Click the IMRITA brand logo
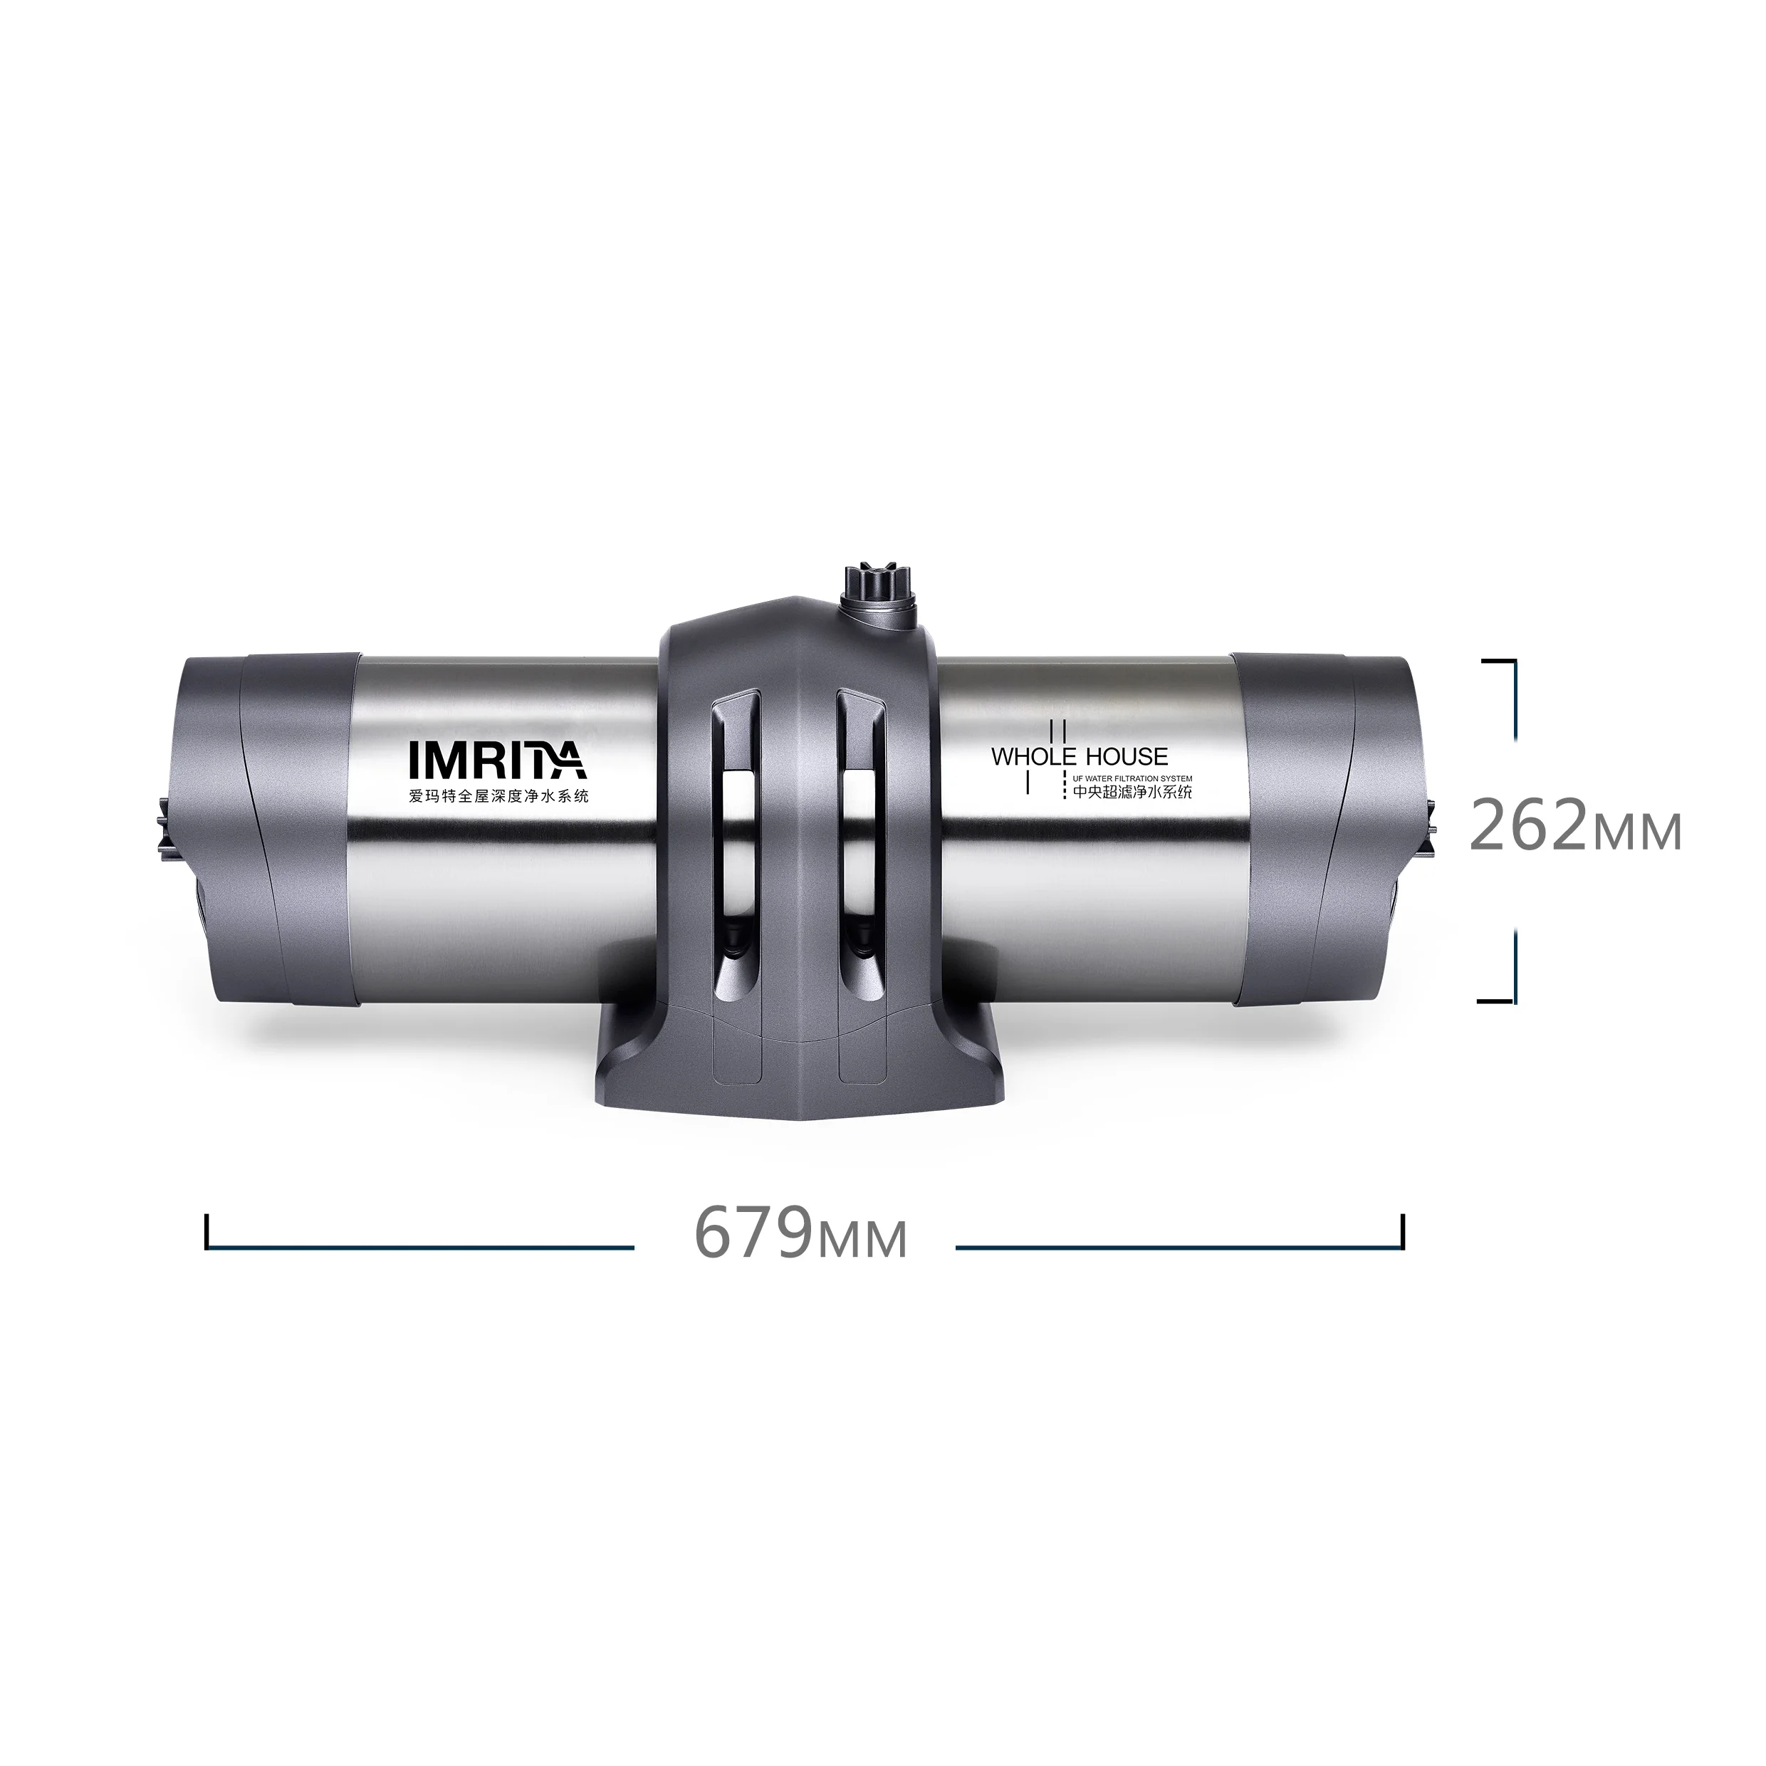(496, 760)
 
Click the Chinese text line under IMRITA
(498, 796)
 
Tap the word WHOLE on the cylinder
(1035, 757)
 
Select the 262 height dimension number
(1530, 825)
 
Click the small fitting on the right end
(1428, 828)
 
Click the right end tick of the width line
(1401, 1233)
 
